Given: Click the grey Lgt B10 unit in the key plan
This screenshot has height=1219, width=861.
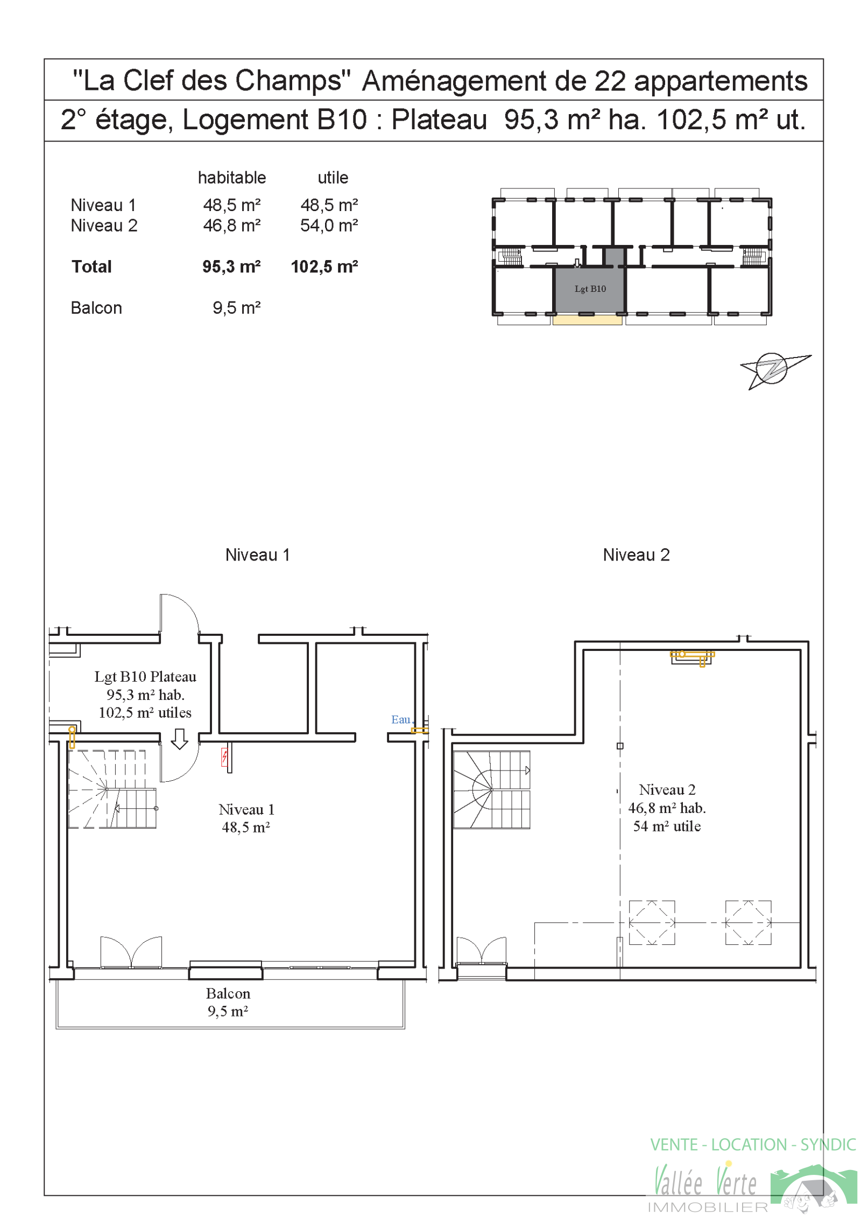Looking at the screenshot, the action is [589, 289].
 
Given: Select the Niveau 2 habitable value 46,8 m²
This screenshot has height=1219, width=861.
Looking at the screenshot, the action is [232, 225].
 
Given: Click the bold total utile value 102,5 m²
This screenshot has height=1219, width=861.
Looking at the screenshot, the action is [324, 267].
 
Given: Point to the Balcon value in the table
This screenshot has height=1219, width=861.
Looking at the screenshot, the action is [237, 308].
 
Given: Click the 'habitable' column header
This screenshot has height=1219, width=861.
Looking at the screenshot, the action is [232, 178].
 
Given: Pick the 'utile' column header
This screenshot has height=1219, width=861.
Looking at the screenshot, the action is [333, 178].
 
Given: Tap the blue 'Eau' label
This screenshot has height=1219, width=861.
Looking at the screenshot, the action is [401, 719].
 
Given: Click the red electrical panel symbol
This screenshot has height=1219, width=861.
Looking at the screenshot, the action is [224, 757].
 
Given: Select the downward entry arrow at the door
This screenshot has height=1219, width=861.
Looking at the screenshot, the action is [179, 739].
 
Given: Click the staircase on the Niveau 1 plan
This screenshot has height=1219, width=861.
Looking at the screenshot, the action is [112, 789].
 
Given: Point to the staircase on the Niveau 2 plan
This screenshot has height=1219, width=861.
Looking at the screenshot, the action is [491, 789].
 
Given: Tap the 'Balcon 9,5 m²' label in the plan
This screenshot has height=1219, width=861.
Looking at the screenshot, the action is [228, 1002].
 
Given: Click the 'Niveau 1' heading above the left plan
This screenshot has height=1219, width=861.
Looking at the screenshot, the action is [258, 555].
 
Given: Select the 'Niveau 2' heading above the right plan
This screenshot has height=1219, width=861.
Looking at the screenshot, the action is [636, 555].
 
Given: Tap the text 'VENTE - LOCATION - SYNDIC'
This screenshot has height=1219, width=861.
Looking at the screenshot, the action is [753, 1144].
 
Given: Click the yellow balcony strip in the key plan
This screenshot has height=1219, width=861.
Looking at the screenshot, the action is [587, 320].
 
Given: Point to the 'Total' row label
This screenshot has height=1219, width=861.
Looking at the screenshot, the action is [91, 267].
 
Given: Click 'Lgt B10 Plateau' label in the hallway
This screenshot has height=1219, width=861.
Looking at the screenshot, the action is [145, 676].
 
